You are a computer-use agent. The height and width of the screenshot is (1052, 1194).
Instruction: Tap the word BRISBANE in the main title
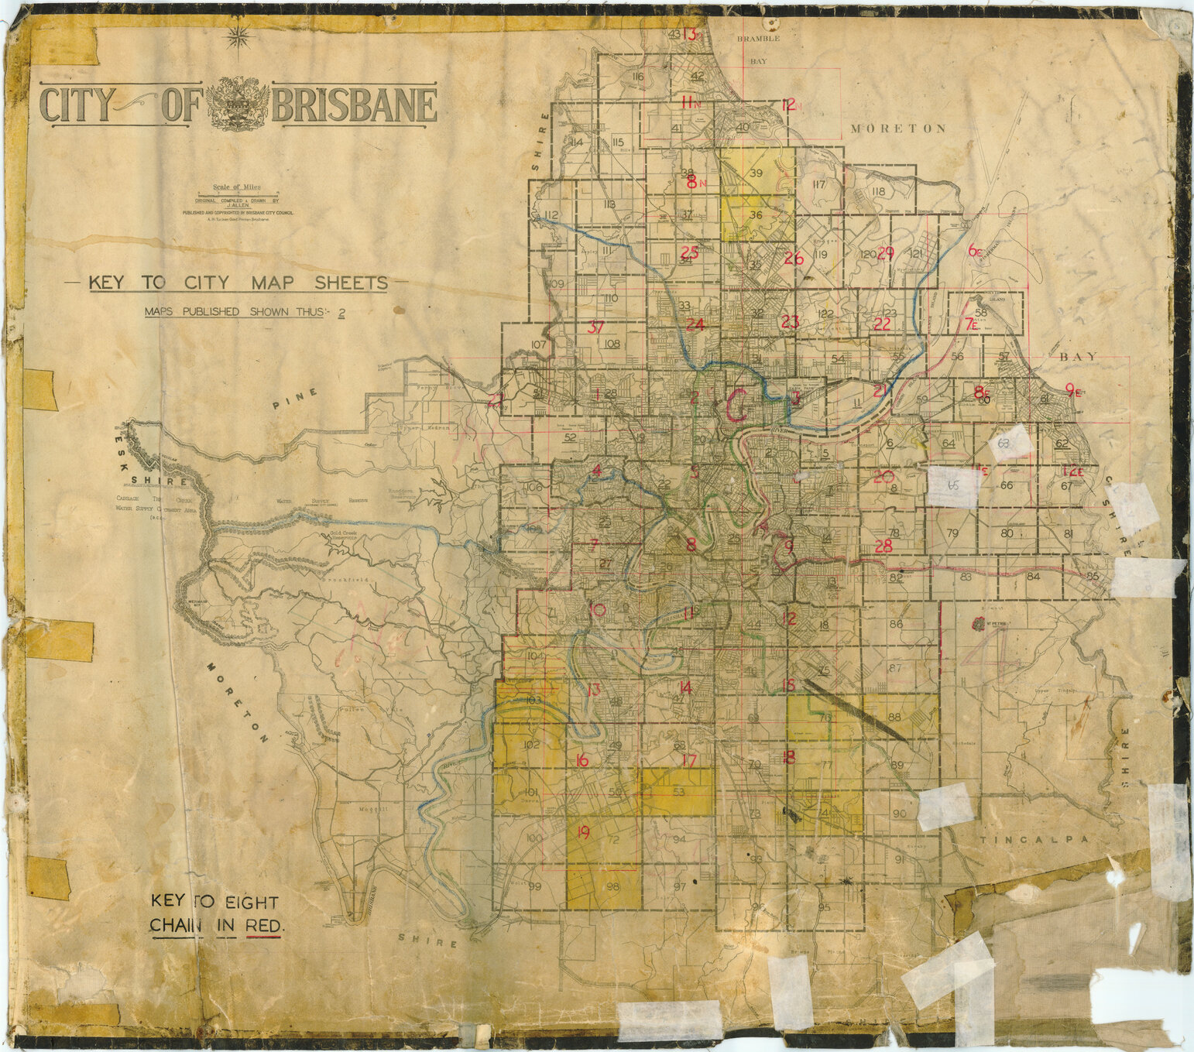[x=355, y=106]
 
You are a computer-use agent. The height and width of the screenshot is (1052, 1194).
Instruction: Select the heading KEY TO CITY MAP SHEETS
[x=238, y=283]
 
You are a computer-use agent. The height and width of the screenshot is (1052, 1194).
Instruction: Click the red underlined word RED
[x=262, y=925]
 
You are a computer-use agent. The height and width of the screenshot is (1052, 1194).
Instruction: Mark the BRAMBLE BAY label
[x=758, y=48]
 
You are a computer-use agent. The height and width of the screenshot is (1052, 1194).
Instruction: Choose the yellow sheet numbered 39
[x=756, y=172]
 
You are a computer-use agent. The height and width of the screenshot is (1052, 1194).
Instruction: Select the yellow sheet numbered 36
[x=756, y=215]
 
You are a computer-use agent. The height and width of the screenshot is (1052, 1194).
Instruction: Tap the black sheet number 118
[x=877, y=191]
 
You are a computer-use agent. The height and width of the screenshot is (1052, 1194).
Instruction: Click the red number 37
[x=595, y=327]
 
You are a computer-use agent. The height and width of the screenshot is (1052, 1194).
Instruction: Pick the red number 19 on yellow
[x=583, y=833]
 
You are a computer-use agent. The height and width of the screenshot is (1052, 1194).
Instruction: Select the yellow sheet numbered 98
[x=612, y=887]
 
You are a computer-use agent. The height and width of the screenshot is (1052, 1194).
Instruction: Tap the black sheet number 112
[x=551, y=214]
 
